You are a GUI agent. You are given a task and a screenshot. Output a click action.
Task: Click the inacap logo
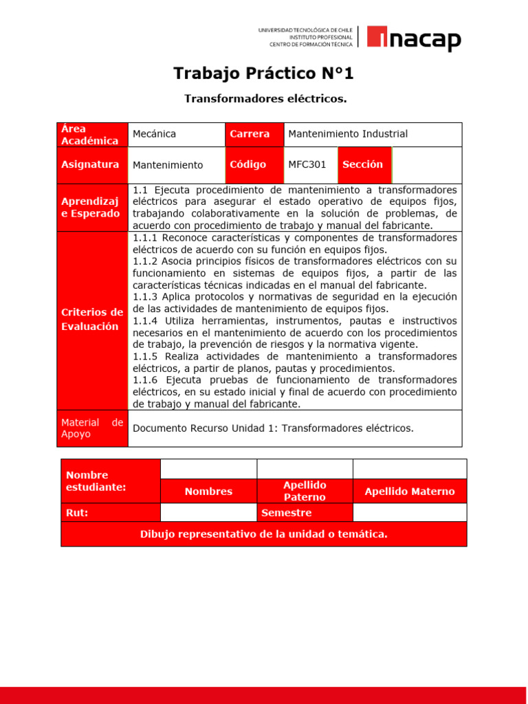click(x=413, y=38)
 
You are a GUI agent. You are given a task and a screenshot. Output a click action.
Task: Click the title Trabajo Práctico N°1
click(x=264, y=74)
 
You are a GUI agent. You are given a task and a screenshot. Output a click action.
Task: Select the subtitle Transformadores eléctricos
click(x=265, y=99)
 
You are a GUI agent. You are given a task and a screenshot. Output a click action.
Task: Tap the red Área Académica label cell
click(x=92, y=135)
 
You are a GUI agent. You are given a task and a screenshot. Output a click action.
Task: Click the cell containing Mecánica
click(x=176, y=134)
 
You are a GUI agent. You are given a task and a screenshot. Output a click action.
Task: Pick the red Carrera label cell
click(x=254, y=134)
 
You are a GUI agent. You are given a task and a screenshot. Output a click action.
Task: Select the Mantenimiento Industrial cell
click(x=372, y=134)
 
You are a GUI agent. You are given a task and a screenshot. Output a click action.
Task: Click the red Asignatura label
click(x=92, y=165)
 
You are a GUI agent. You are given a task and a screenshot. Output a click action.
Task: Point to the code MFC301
click(x=307, y=165)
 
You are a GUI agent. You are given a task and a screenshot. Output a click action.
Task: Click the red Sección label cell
click(x=364, y=165)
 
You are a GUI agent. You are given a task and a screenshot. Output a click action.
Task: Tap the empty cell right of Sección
click(x=426, y=165)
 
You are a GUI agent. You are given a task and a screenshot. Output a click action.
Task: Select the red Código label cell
click(x=254, y=165)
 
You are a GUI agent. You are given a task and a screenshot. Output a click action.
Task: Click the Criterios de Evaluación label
click(x=92, y=320)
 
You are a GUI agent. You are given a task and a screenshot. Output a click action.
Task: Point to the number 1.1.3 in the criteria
click(x=145, y=297)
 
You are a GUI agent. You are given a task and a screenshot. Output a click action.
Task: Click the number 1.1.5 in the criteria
click(x=145, y=356)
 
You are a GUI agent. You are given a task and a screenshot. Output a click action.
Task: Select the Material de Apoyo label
click(x=92, y=428)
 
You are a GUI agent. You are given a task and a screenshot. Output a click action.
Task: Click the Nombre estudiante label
click(x=110, y=481)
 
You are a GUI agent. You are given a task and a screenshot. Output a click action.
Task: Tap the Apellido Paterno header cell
click(x=305, y=491)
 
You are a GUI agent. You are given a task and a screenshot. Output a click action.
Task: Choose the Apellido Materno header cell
click(x=410, y=492)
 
